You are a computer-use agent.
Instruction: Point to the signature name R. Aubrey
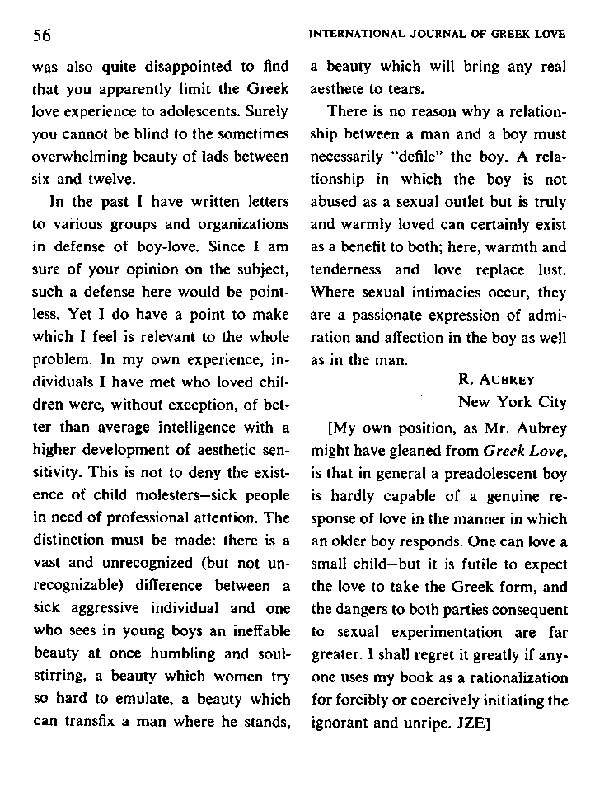(x=496, y=380)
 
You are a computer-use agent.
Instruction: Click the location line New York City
(x=512, y=402)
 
